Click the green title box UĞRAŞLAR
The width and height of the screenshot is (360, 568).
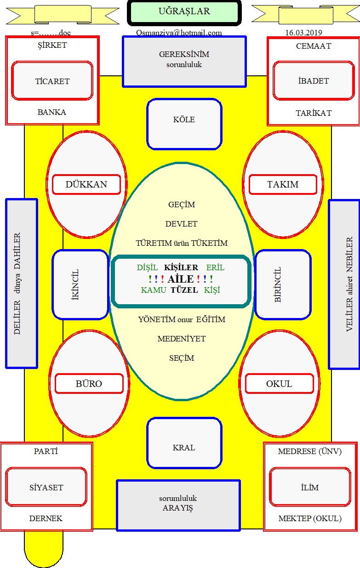coord(184,13)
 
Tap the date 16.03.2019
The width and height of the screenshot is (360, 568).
coord(303,33)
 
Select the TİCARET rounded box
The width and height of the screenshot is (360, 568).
coord(52,80)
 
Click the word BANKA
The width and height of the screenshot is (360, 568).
coord(52,112)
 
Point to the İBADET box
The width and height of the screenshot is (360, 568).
coord(314,80)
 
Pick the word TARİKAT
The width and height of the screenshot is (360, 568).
coord(314,113)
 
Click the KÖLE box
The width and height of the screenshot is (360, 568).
coord(184,124)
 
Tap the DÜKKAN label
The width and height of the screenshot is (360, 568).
coord(86,184)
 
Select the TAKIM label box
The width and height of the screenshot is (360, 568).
coord(283,184)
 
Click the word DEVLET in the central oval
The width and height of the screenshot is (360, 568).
coord(182,224)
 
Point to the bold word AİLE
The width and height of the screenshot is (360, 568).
coord(181,279)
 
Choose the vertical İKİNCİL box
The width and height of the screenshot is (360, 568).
coord(80,284)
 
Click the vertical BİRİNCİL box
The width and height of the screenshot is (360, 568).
coord(283,284)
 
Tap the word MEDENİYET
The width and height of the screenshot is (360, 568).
coord(182,339)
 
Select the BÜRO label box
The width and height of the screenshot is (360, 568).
coord(89,384)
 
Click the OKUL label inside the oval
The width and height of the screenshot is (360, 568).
coord(280,384)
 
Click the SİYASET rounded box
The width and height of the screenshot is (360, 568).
coord(46,487)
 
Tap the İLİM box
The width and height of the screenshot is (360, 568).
coord(310,487)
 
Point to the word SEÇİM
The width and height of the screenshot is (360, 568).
coord(182,358)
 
